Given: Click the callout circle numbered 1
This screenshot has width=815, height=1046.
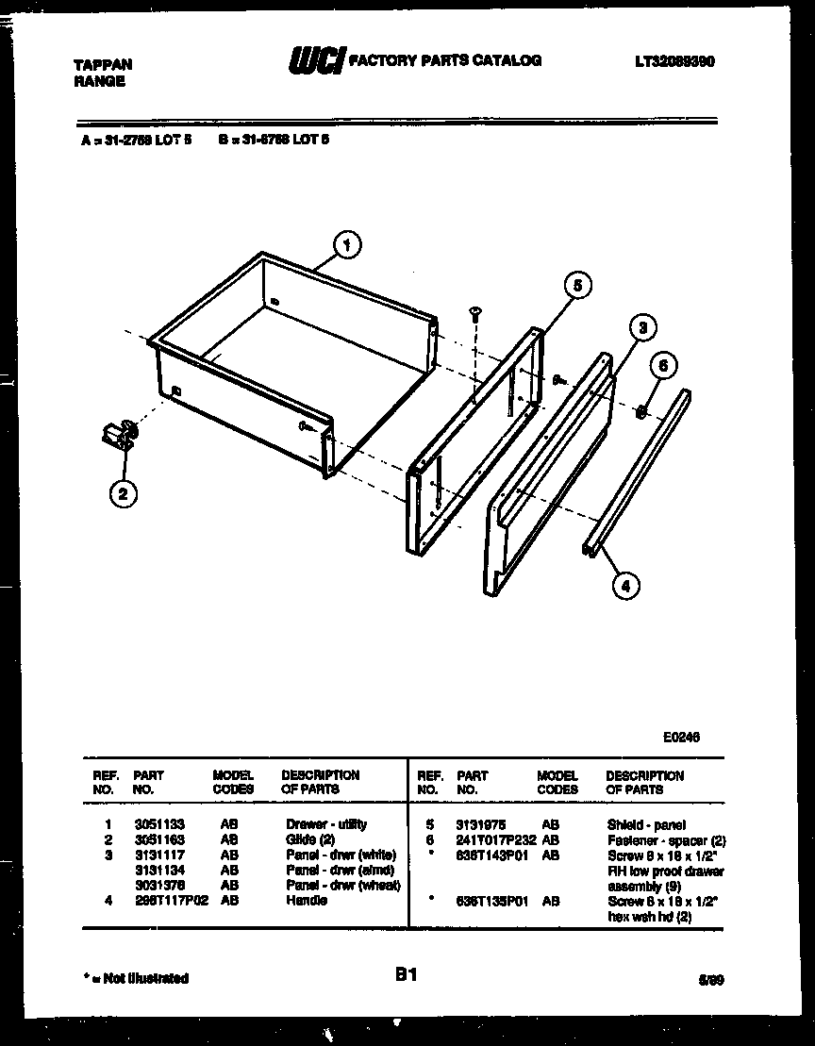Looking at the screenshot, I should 348,246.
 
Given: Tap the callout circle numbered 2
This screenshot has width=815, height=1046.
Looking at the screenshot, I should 123,491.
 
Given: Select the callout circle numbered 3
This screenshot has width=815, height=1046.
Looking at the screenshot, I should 641,327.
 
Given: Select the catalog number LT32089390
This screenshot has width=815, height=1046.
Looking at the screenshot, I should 674,61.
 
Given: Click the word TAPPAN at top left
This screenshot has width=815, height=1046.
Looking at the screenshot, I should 103,65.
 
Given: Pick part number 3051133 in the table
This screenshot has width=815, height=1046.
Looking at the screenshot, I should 153,824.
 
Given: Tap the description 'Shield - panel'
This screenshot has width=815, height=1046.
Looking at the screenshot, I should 646,824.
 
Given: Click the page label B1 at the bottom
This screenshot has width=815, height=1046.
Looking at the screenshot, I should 406,976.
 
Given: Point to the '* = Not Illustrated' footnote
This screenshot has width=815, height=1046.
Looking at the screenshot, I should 135,978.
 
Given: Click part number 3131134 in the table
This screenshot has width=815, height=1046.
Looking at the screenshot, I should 153,870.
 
